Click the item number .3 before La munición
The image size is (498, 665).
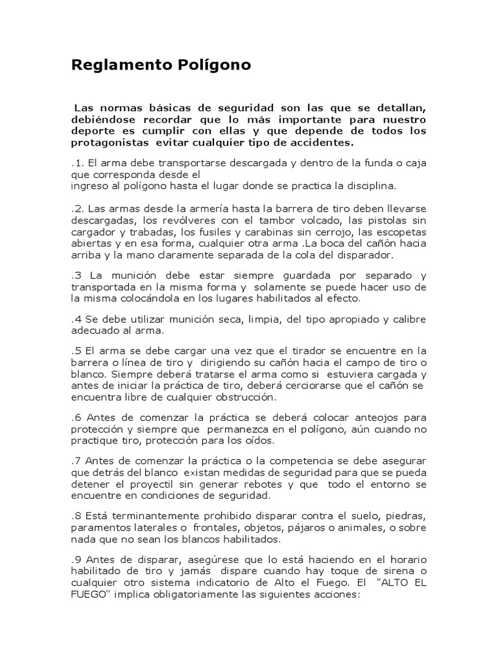(76, 275)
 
